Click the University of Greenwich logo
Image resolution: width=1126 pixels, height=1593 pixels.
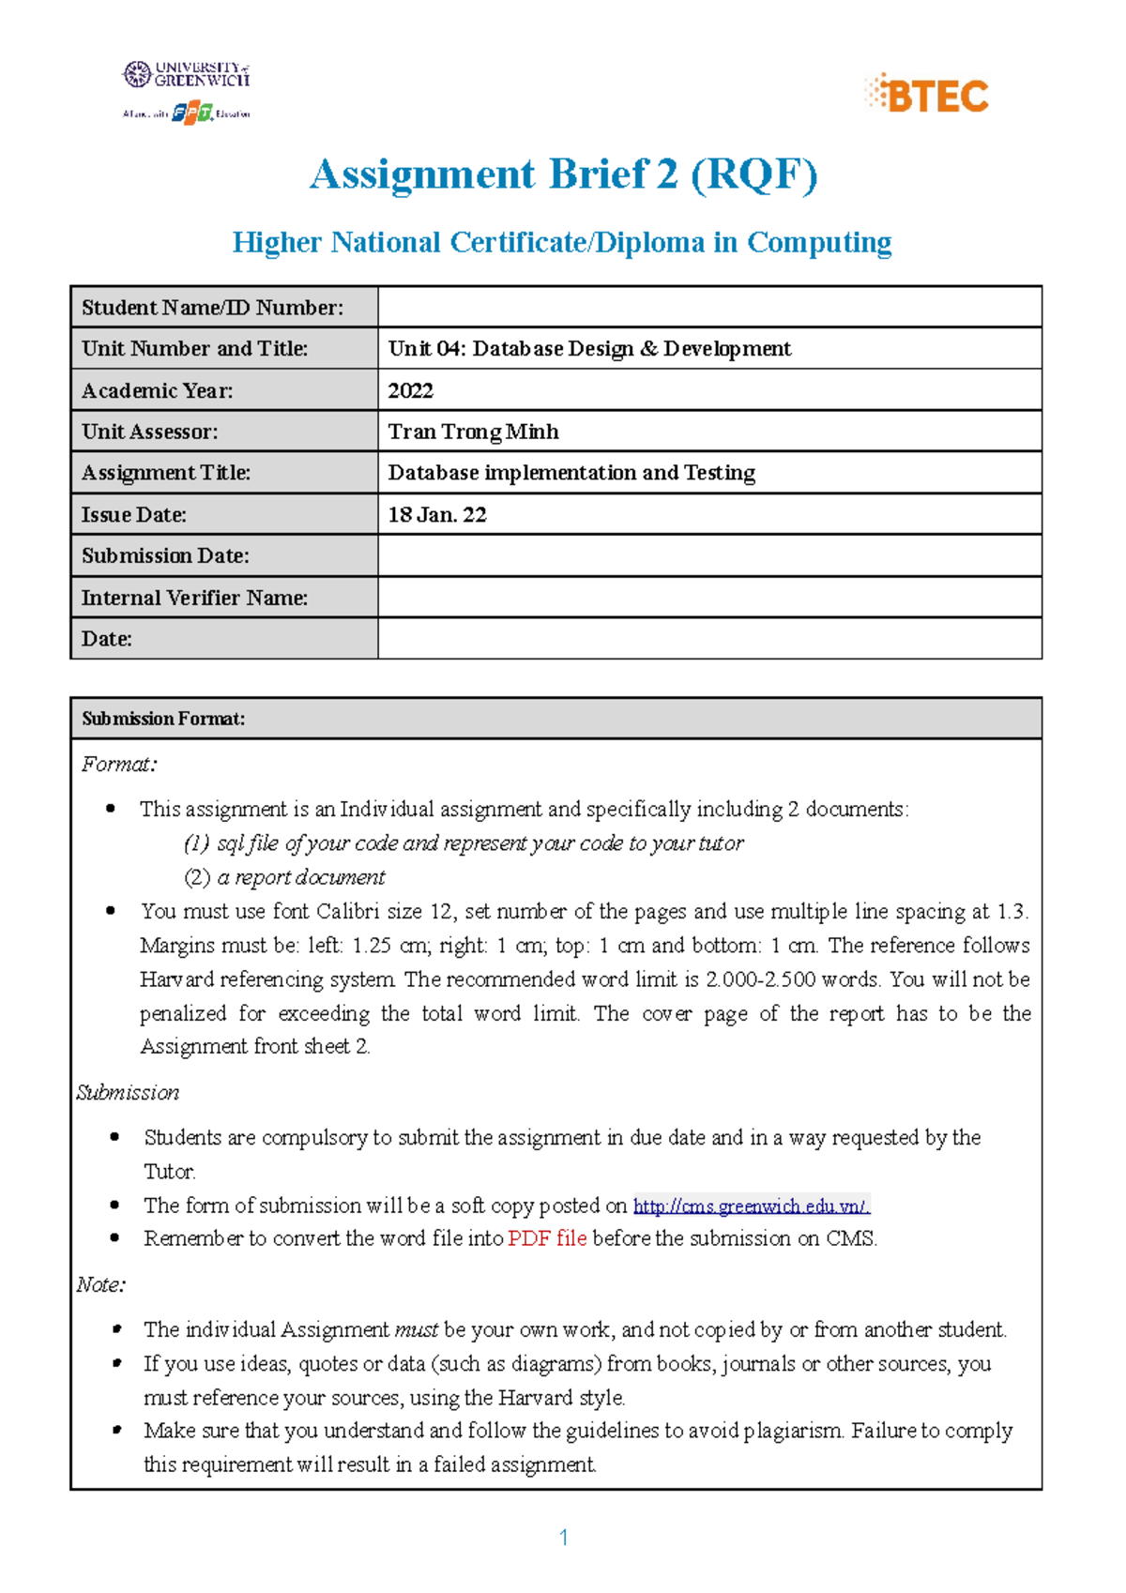[187, 74]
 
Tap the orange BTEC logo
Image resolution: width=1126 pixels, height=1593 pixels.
[926, 94]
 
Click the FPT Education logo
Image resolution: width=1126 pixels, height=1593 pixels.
[192, 113]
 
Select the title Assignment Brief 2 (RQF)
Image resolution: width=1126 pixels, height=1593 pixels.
[563, 174]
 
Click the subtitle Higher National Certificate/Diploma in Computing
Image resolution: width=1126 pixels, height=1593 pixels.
[562, 242]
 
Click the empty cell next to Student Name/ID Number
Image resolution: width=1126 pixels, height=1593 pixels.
[709, 307]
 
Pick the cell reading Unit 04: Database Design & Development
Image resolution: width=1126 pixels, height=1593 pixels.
[589, 349]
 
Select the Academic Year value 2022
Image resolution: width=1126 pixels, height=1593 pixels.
[411, 390]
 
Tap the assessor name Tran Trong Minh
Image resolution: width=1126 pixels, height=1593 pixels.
[474, 432]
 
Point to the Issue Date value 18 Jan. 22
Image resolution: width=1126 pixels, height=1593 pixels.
[437, 514]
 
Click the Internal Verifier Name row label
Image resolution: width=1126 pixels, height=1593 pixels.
[194, 598]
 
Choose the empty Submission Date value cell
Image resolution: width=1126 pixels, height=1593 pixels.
[709, 555]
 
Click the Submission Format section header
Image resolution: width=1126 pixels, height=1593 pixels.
[163, 719]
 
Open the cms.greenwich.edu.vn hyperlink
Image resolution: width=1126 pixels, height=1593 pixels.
[752, 1206]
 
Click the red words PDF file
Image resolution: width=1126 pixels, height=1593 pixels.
[547, 1238]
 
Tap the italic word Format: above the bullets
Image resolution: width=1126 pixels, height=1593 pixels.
[119, 765]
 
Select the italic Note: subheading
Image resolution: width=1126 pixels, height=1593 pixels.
[101, 1284]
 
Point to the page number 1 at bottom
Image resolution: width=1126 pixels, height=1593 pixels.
[563, 1537]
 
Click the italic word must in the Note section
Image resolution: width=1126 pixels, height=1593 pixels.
[416, 1329]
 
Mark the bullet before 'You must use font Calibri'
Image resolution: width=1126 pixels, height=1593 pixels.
[112, 910]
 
